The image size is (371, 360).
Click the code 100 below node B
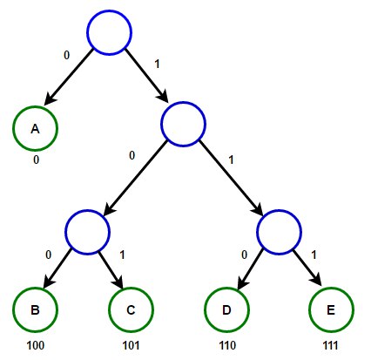[x=36, y=345]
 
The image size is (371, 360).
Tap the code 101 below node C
[x=131, y=345]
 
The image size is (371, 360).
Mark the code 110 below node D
[x=227, y=345]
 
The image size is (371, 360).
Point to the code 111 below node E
[x=331, y=345]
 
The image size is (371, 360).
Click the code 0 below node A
[x=36, y=160]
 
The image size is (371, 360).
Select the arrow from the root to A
[x=69, y=77]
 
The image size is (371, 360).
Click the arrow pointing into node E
[x=307, y=268]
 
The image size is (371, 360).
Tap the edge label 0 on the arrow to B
[x=49, y=255]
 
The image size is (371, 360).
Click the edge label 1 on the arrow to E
[x=314, y=255]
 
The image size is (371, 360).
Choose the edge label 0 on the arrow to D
[x=245, y=255]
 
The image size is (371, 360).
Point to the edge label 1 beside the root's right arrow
[x=157, y=64]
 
